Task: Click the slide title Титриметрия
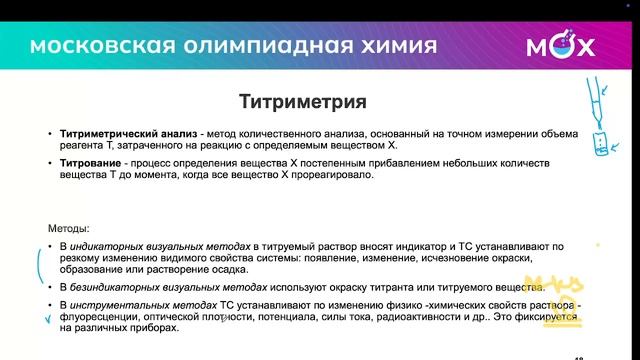pyautogui.click(x=303, y=102)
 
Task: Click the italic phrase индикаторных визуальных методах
pyautogui.click(x=159, y=245)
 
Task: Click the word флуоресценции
pyautogui.click(x=101, y=317)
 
